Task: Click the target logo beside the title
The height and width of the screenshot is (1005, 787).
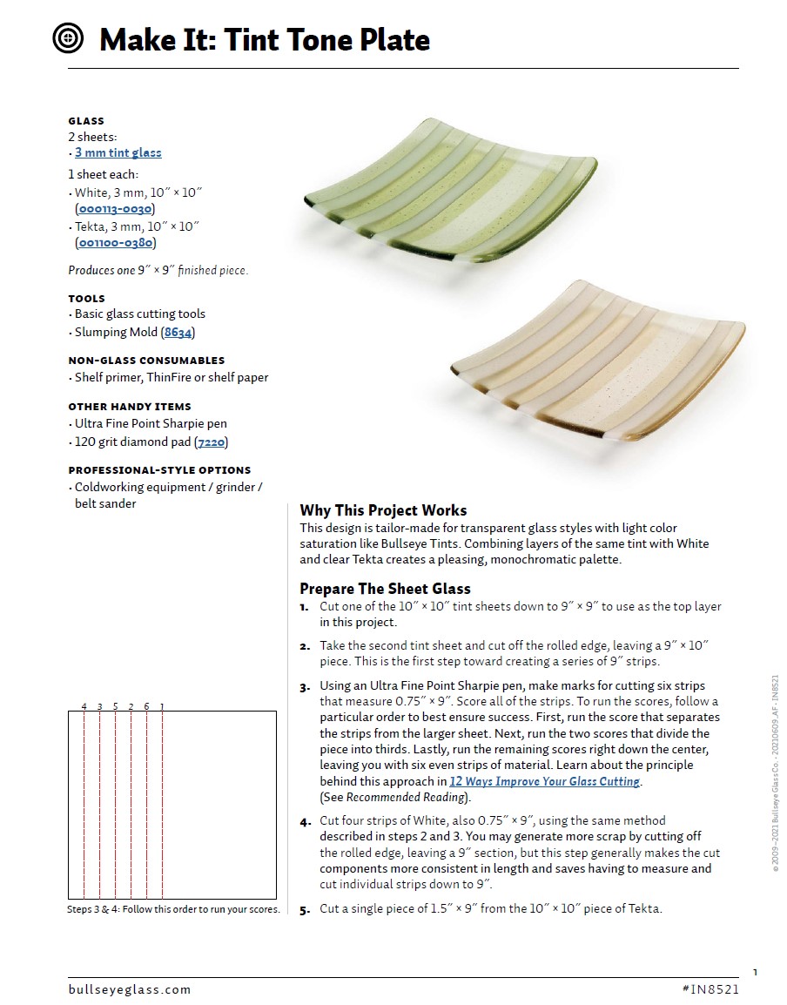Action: coord(70,38)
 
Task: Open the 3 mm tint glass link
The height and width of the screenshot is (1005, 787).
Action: coord(118,152)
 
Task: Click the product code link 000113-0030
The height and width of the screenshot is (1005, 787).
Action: coord(114,209)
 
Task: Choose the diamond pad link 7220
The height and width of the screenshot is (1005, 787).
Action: coord(212,442)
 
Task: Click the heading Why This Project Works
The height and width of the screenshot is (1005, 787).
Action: coord(383,510)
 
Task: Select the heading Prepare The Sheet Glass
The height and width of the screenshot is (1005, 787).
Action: coord(385,589)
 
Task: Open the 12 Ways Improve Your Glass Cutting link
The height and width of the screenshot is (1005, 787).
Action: coord(544,781)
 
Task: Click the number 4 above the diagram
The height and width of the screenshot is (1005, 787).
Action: coord(84,705)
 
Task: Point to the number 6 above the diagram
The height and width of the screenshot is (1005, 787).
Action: coord(146,705)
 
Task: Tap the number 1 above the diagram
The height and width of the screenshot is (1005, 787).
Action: coord(162,705)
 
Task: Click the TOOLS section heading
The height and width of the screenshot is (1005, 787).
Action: coord(86,298)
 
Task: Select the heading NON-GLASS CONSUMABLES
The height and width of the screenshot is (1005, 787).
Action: coord(146,361)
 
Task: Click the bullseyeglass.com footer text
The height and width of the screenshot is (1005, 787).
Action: coord(129,989)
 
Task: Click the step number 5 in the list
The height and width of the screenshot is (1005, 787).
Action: coord(305,910)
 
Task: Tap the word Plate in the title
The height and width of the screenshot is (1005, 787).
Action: coord(395,40)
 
